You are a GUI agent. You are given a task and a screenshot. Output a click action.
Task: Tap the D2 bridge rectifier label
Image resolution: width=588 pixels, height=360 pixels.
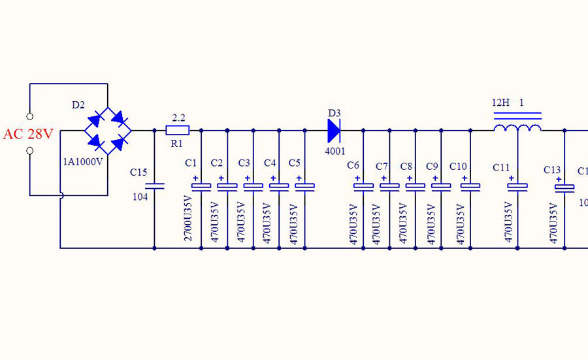point(78,105)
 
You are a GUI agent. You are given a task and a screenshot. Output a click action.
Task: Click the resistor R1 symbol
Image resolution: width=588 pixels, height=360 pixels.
point(178,130)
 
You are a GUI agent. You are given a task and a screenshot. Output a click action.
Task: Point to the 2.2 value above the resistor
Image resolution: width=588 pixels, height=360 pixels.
point(178,118)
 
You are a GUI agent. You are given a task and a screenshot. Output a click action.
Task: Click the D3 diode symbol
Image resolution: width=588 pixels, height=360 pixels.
point(334,131)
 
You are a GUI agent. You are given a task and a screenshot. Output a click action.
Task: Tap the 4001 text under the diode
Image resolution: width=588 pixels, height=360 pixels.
point(335,152)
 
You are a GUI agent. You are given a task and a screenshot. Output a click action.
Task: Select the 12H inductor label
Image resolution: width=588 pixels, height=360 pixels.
point(501,103)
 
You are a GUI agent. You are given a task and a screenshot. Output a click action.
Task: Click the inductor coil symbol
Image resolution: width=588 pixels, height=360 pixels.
point(517,127)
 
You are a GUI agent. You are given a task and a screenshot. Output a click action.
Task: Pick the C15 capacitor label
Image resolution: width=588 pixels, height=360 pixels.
point(139,172)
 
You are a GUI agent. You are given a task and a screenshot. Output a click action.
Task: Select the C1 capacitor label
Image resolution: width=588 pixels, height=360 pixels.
point(191,162)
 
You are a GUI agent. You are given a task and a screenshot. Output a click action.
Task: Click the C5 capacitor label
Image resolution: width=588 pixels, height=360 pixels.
point(294,162)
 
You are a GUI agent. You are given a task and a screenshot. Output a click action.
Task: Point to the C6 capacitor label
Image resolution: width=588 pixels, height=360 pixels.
point(353,165)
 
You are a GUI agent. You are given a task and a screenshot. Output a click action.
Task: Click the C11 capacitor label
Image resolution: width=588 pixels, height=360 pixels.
point(501,168)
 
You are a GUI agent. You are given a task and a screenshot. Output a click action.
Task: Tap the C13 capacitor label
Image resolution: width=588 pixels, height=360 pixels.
point(552,170)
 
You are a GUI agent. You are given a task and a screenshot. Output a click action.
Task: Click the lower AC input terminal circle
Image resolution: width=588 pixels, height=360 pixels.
point(29,152)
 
